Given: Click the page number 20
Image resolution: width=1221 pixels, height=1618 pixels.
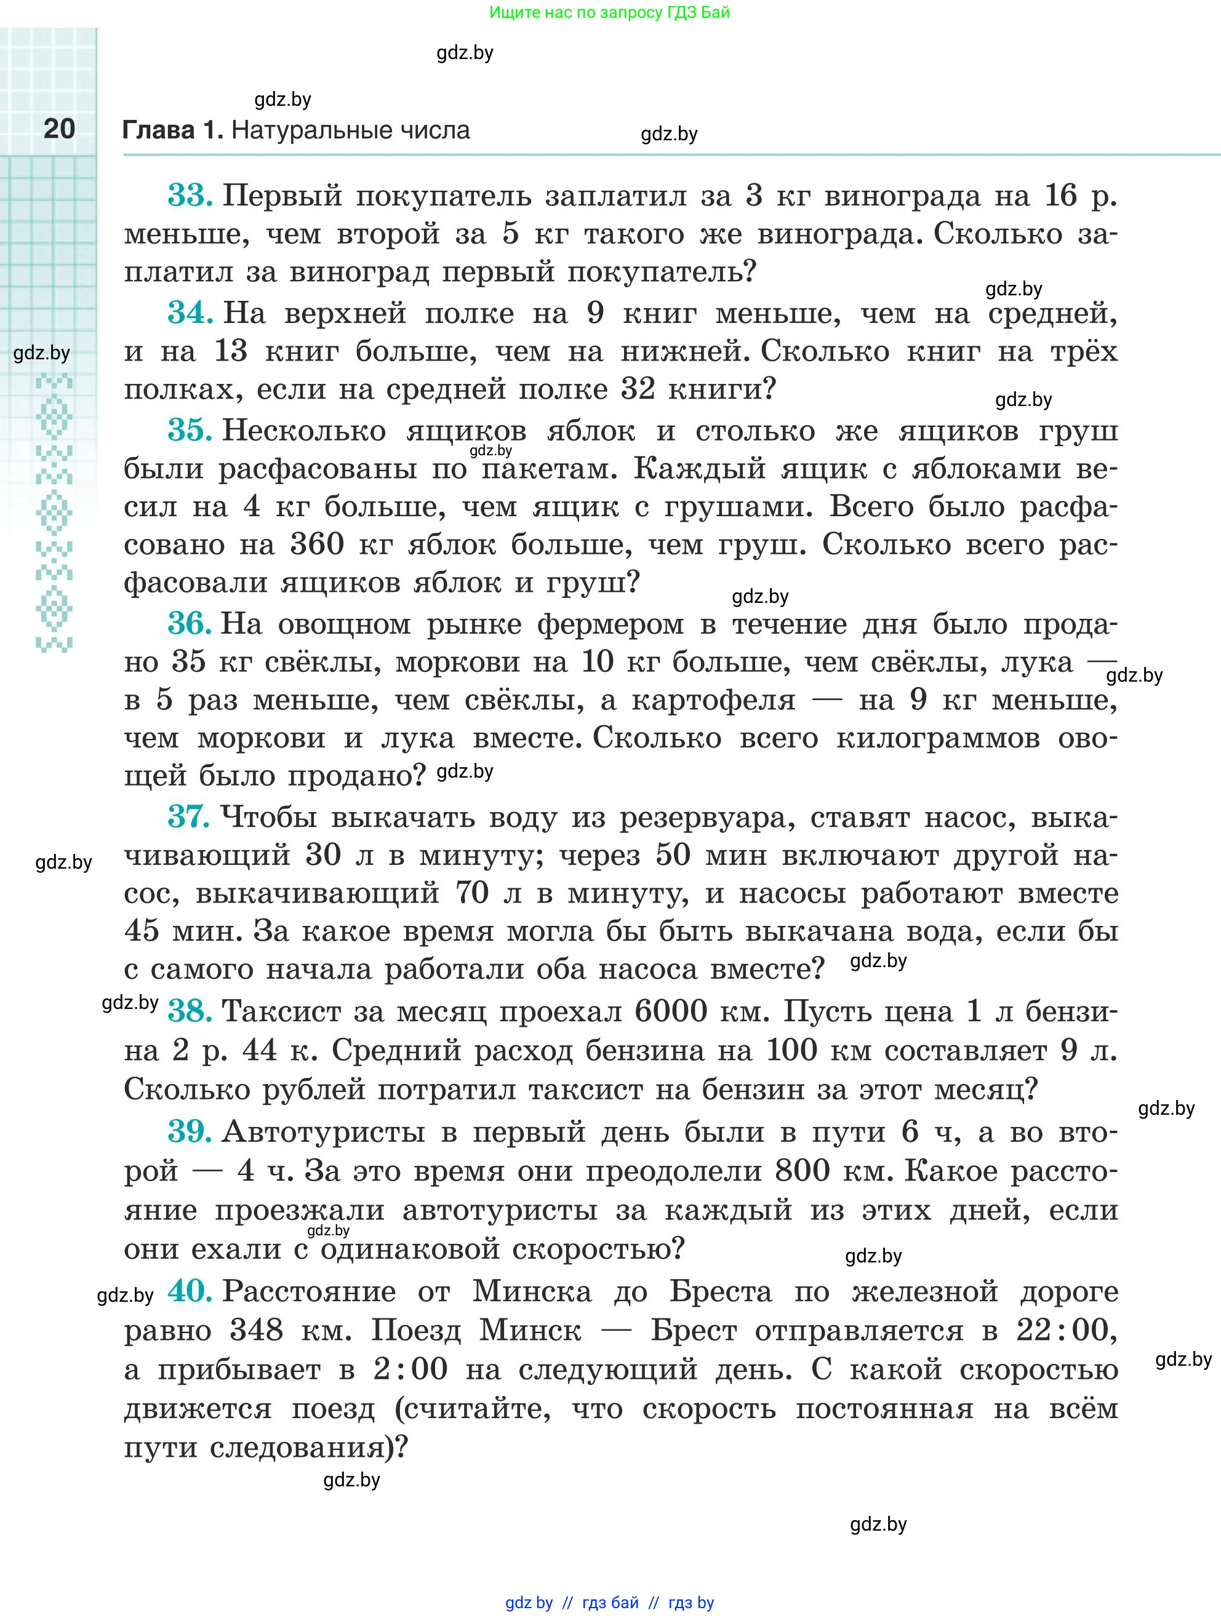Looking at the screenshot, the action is coord(59,129).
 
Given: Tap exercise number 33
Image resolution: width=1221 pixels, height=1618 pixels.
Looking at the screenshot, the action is coord(190,196).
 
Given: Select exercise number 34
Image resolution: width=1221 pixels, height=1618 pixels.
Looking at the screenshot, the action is coord(190,313).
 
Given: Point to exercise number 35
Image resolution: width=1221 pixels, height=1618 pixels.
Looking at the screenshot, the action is coord(190,430).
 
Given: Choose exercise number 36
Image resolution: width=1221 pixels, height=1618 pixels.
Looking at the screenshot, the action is coord(190,624).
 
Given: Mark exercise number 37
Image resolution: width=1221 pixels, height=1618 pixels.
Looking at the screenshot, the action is coord(189,816).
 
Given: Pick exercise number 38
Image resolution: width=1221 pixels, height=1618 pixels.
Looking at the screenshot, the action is coord(190,1011).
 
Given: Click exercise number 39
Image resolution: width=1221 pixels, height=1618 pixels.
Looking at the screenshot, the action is coord(190,1131).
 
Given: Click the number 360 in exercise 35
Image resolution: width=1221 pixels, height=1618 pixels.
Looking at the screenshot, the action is coord(317,544).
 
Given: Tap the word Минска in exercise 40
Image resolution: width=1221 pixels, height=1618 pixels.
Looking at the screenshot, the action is coord(532,1291).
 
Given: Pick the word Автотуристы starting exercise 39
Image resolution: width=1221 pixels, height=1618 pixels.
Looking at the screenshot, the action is coord(323,1131).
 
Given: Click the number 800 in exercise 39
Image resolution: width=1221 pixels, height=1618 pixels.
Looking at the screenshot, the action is coord(802,1170).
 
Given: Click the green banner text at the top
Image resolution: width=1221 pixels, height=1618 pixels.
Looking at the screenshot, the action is coord(609,12).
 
